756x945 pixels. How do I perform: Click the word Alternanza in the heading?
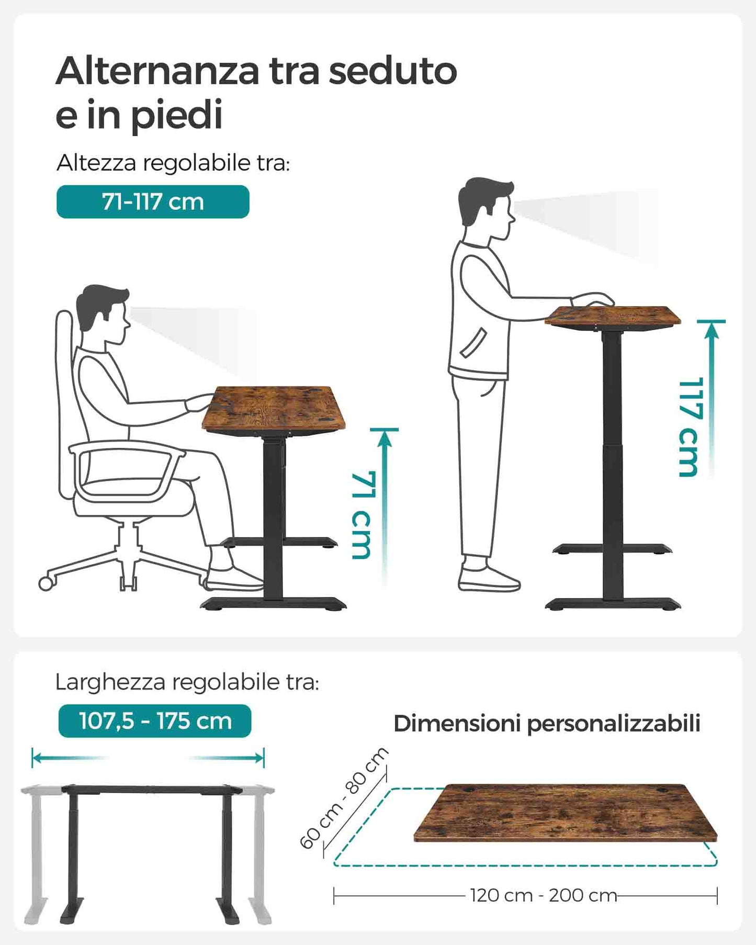tap(157, 71)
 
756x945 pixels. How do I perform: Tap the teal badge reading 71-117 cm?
tap(153, 201)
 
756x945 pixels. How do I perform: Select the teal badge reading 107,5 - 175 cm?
tap(155, 721)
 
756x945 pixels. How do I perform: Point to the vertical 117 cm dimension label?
tap(689, 427)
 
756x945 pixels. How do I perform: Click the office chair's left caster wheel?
tap(46, 583)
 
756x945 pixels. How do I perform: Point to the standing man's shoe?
tap(489, 579)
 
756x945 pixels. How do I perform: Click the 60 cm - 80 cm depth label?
tap(344, 798)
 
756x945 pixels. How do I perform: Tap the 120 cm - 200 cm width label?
tap(544, 895)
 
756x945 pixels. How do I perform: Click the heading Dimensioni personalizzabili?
tap(547, 724)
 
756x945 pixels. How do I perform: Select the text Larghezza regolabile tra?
tap(187, 682)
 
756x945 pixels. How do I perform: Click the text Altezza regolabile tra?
tap(173, 163)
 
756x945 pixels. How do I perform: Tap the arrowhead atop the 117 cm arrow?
tap(712, 330)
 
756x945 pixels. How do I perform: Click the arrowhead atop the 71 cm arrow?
tap(385, 438)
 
